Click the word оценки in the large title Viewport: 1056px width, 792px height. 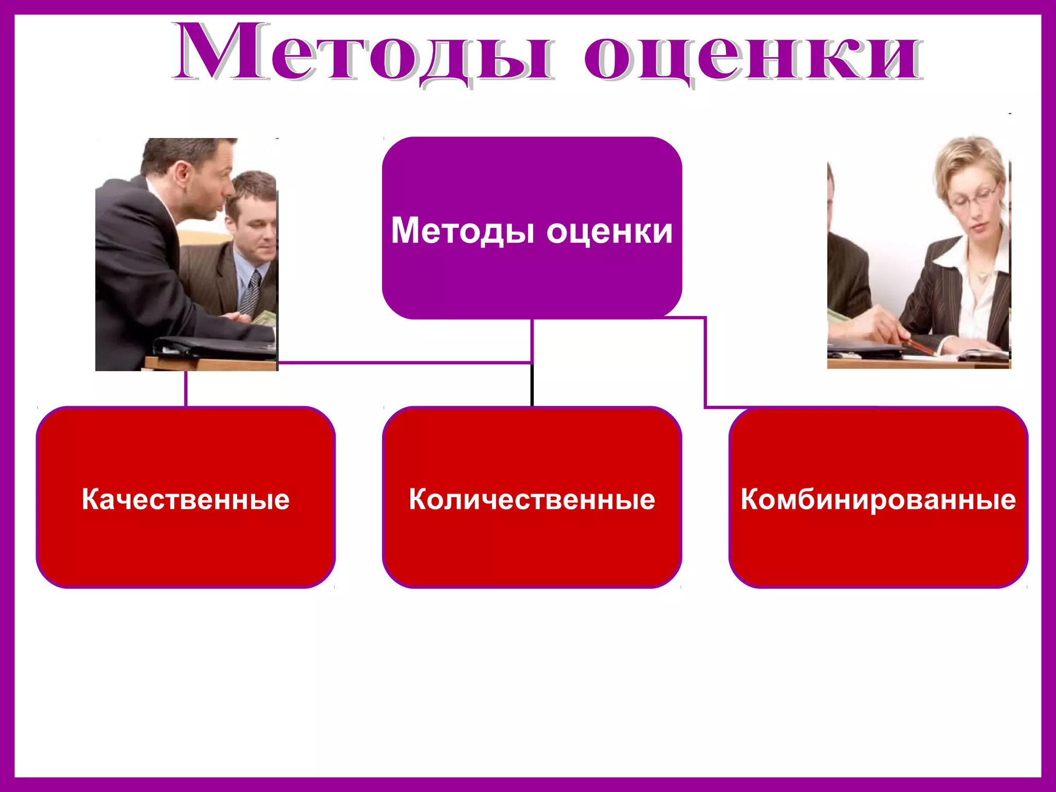753,54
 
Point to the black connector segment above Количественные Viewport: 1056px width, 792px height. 532,385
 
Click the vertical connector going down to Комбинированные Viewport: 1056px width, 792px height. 705,361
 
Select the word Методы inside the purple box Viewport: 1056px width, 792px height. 462,230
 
